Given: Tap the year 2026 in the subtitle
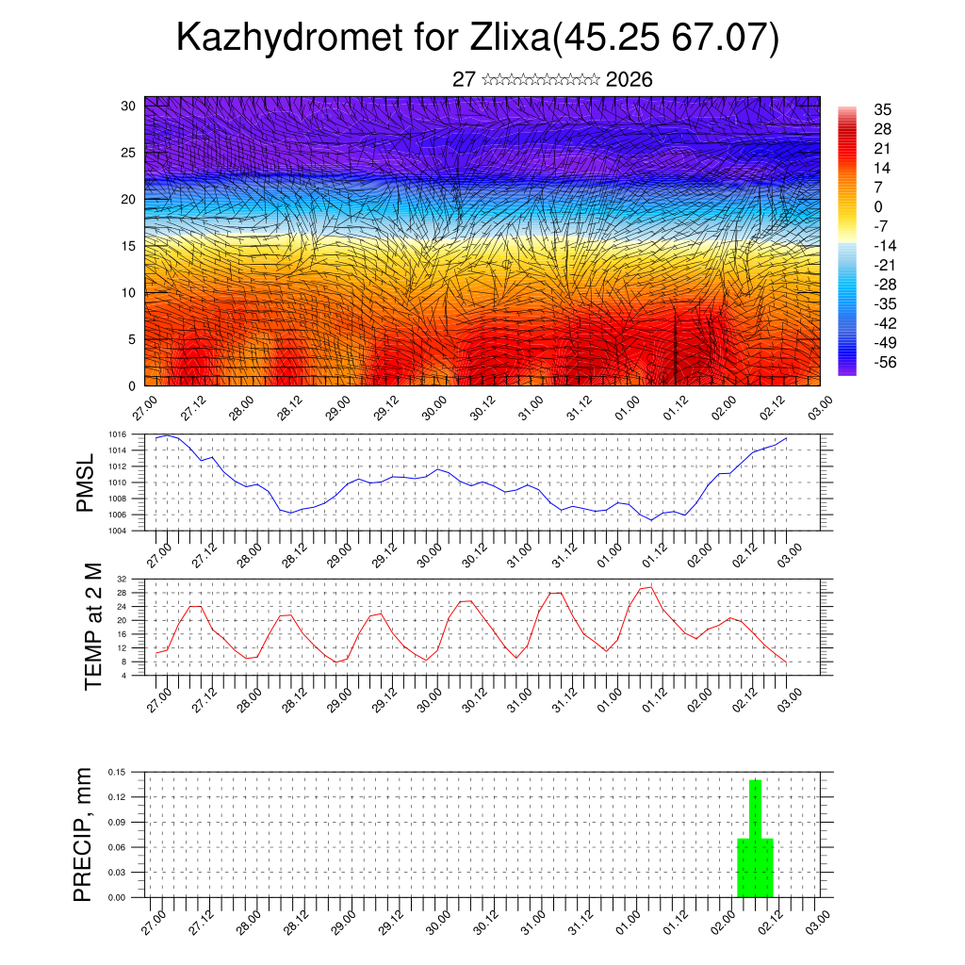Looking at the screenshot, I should pos(630,80).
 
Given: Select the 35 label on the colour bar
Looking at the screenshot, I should pos(882,109).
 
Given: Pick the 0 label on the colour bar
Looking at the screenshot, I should pos(878,206).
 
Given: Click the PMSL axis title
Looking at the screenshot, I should pos(86,482).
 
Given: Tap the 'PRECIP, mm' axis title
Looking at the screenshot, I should pos(83,834).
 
